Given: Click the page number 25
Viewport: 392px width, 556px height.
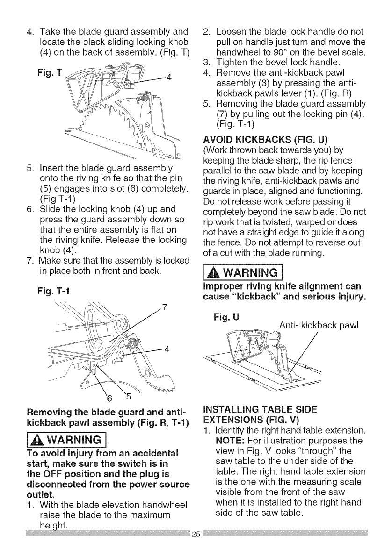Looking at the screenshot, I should pos(196,546).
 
